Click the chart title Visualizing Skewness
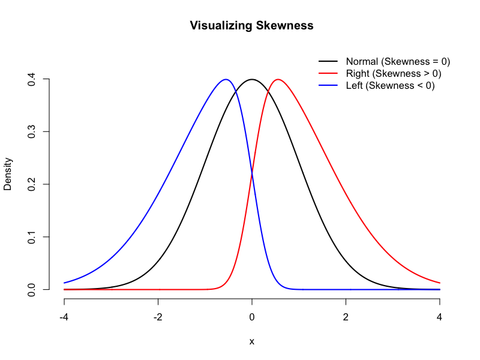(x=251, y=26)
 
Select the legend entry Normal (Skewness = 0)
(x=398, y=61)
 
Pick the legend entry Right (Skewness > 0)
(x=393, y=73)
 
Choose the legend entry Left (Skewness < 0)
(x=390, y=85)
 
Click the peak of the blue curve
(x=226, y=79)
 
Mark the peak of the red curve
(x=278, y=79)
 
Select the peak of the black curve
(x=252, y=79)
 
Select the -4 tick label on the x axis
(x=64, y=317)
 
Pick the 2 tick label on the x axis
(x=346, y=317)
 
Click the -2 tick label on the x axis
(x=158, y=317)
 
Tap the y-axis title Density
(x=8, y=174)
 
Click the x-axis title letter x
(x=252, y=341)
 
